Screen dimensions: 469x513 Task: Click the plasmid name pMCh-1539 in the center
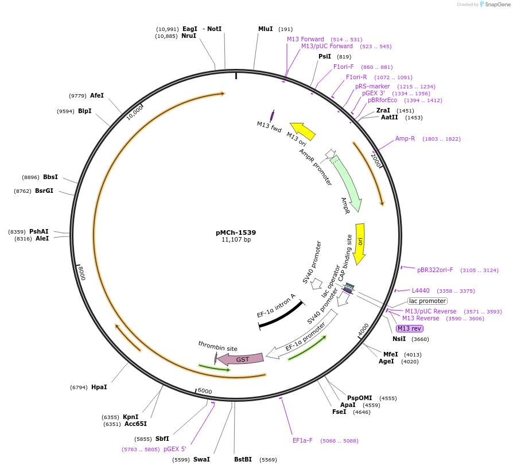[236, 232]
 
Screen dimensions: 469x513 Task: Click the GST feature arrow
[241, 359]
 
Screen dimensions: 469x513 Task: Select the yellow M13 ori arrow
[303, 131]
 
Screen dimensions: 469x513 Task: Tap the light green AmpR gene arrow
[346, 183]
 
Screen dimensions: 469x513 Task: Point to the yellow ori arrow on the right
[360, 243]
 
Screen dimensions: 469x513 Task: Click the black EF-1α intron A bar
[281, 315]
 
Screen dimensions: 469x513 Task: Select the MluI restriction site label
[266, 29]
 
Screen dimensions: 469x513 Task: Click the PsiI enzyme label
[325, 56]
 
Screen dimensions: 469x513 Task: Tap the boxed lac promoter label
[427, 301]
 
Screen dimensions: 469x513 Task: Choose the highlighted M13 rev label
[410, 328]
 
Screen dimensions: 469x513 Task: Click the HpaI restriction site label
[99, 387]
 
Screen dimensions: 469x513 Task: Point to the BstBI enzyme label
[243, 459]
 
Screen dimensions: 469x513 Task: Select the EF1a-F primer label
[302, 440]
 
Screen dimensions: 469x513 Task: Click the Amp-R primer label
[405, 138]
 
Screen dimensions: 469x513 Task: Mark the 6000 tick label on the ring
[205, 391]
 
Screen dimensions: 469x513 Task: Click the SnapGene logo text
[495, 5]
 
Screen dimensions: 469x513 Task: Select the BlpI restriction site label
[85, 111]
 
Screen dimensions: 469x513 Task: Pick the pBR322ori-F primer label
[435, 270]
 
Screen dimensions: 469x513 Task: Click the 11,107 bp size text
[236, 240]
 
